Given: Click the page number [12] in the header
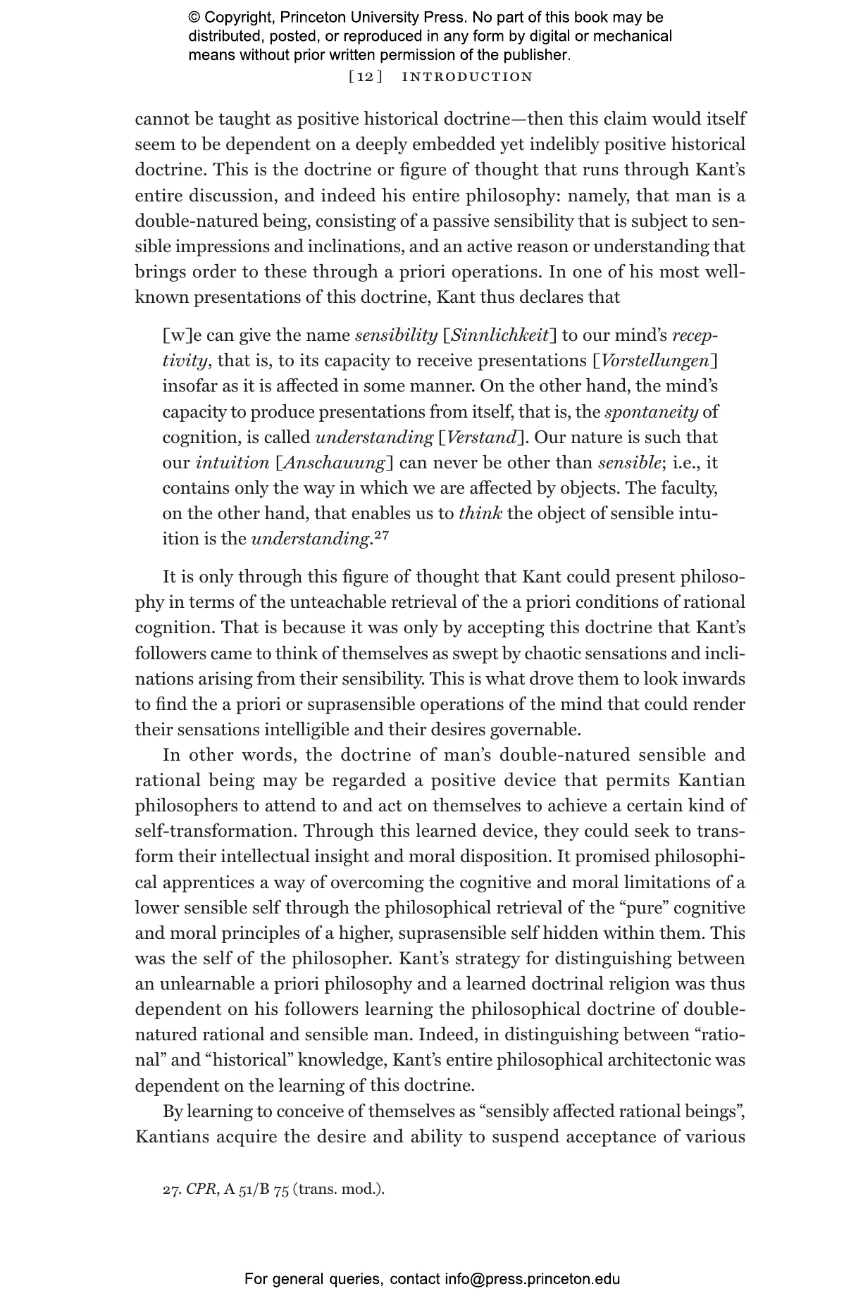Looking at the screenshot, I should [366, 77].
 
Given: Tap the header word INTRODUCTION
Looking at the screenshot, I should [467, 77].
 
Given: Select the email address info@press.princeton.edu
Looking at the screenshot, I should [532, 1279].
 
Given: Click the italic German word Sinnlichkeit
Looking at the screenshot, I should [499, 335].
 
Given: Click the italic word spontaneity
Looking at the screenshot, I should [651, 412].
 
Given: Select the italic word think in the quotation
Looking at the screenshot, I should [480, 513].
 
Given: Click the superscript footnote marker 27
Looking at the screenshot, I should [381, 536].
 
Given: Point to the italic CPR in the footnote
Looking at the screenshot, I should [201, 1190].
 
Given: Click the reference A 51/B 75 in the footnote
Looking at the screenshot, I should [256, 1190].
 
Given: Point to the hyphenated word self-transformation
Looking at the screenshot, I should [216, 832].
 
